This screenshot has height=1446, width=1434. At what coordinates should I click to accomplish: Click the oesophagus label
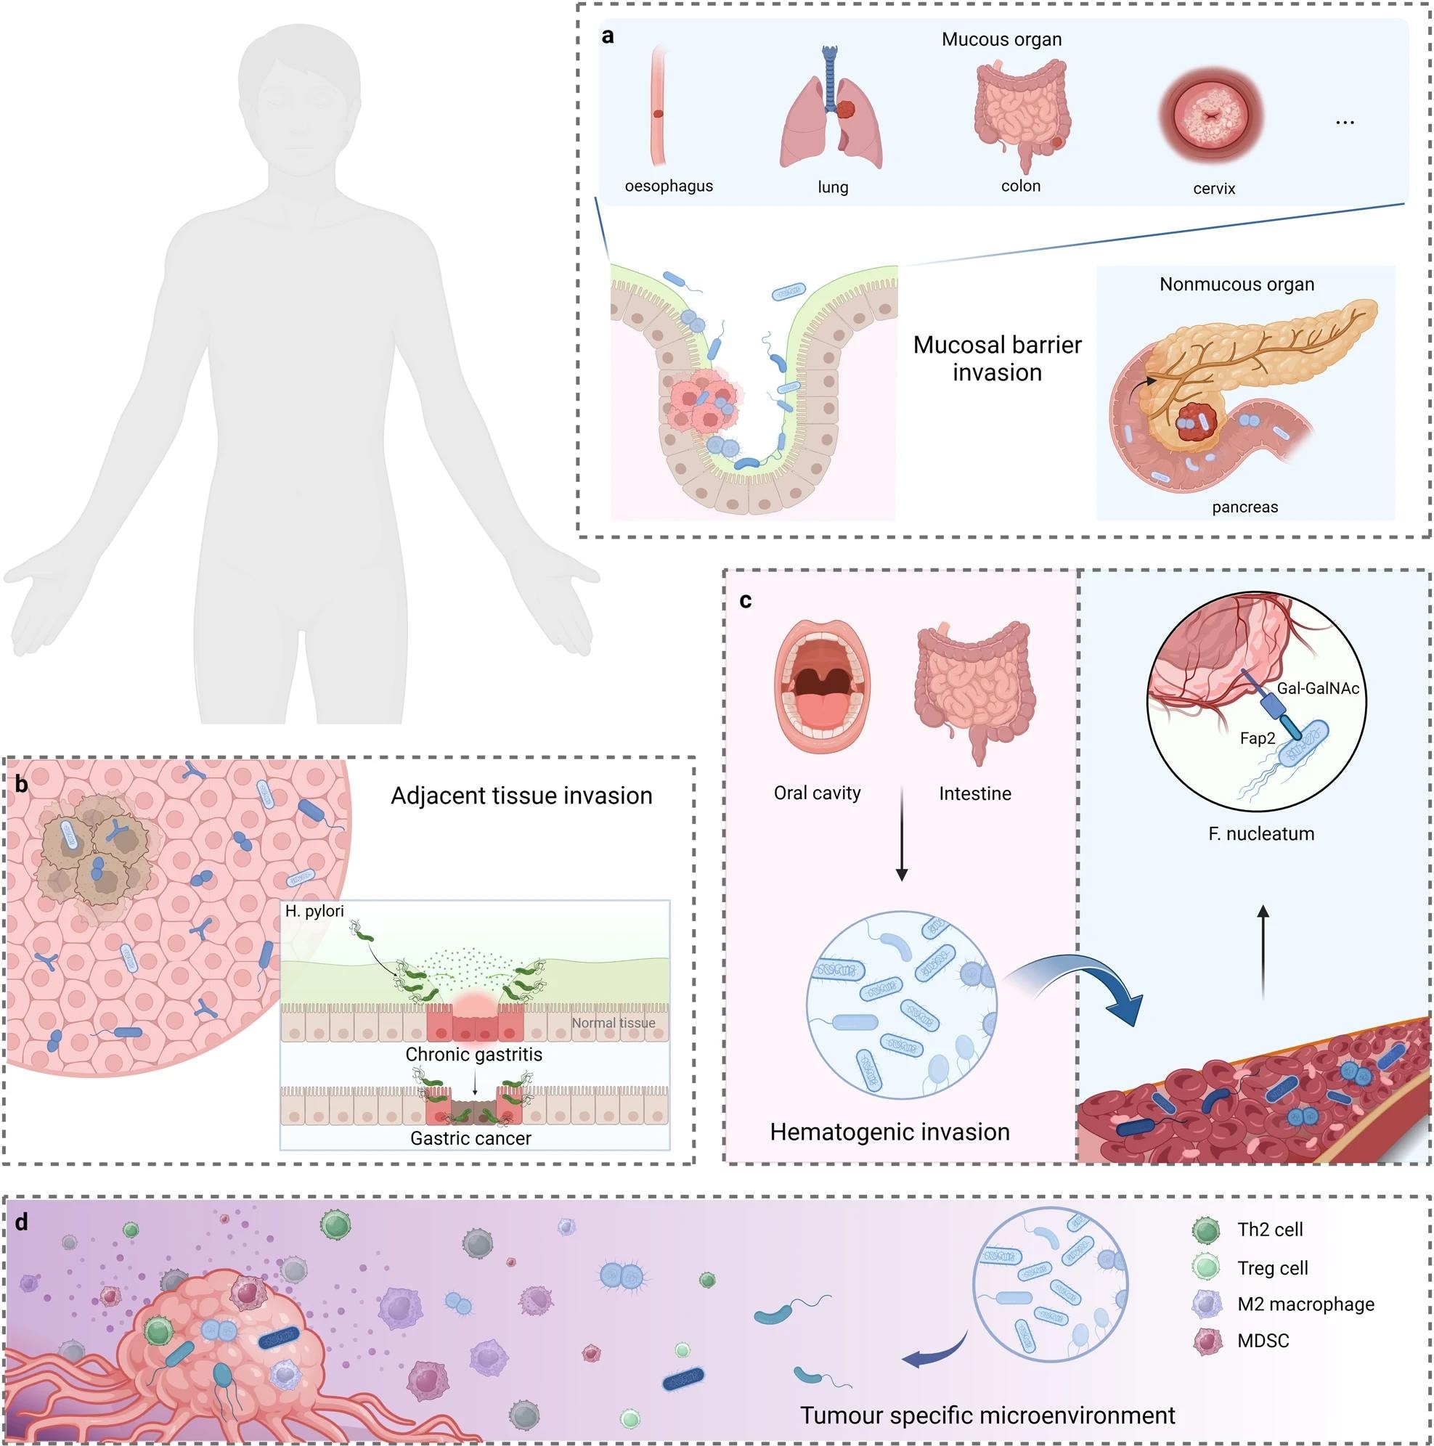(668, 186)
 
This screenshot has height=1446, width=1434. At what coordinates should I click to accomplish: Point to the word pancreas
(1244, 507)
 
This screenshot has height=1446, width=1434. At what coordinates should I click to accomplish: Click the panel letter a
(608, 36)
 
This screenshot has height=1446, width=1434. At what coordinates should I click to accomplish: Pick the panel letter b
(22, 784)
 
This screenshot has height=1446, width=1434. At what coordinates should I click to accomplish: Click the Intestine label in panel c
(974, 793)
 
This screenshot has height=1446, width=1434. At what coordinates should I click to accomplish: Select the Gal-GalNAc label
(1317, 688)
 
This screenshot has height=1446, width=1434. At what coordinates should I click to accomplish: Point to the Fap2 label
(1258, 738)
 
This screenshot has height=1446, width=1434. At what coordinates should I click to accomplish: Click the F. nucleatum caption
(1261, 833)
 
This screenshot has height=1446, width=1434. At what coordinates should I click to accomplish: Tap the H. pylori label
(314, 911)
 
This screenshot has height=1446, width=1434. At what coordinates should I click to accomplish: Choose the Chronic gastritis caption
(473, 1054)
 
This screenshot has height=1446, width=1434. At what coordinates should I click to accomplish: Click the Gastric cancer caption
(470, 1138)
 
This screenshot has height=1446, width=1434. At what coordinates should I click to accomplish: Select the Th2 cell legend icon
(1207, 1229)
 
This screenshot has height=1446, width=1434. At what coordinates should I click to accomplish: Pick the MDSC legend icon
(1207, 1341)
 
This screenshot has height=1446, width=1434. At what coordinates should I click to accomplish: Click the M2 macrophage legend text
(1305, 1304)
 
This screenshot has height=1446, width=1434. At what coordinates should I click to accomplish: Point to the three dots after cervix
(1344, 122)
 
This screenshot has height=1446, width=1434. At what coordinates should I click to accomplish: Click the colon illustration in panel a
(1020, 113)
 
